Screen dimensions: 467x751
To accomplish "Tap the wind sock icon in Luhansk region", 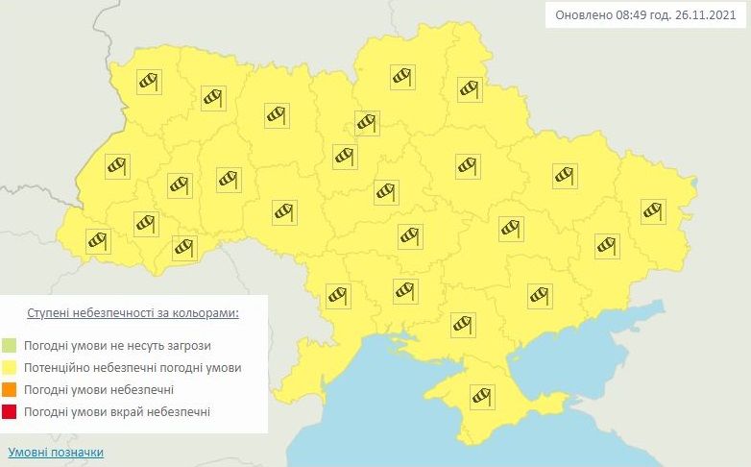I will [654, 210].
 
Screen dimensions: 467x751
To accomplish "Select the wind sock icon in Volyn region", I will [148, 82].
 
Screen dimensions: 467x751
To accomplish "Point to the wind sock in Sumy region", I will [469, 89].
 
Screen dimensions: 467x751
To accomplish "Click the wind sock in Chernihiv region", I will [402, 76].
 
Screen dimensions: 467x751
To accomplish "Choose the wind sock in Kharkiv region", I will [565, 175].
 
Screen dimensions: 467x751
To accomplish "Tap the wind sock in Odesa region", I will [338, 295].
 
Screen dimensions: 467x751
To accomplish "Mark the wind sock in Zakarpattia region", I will [98, 241].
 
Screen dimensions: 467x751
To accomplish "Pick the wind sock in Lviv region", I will [117, 165].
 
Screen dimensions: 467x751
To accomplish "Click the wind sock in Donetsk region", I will [606, 245].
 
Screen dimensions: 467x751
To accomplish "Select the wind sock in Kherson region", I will [464, 324].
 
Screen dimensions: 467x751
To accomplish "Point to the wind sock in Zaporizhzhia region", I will [540, 294].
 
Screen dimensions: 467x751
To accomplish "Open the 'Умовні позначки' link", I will [56, 452].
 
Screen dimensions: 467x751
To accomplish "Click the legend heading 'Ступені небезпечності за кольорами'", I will [133, 313].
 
